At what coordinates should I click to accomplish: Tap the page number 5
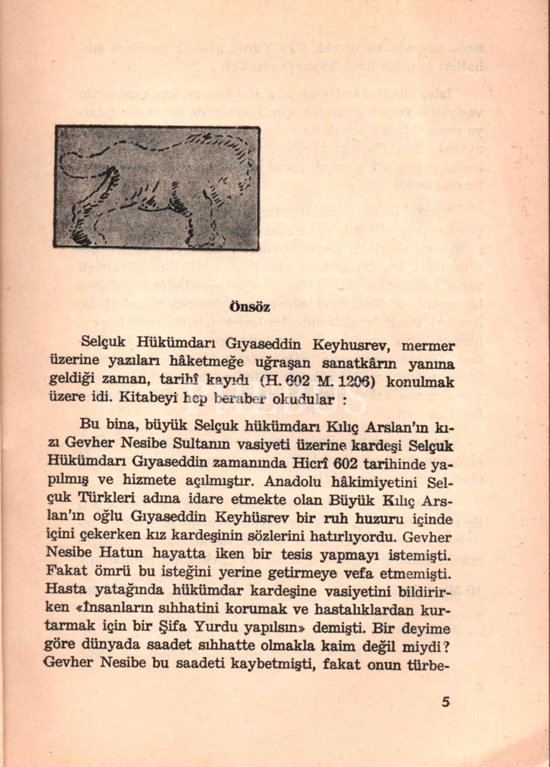pos(445,703)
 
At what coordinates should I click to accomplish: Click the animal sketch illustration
pos(156,187)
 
